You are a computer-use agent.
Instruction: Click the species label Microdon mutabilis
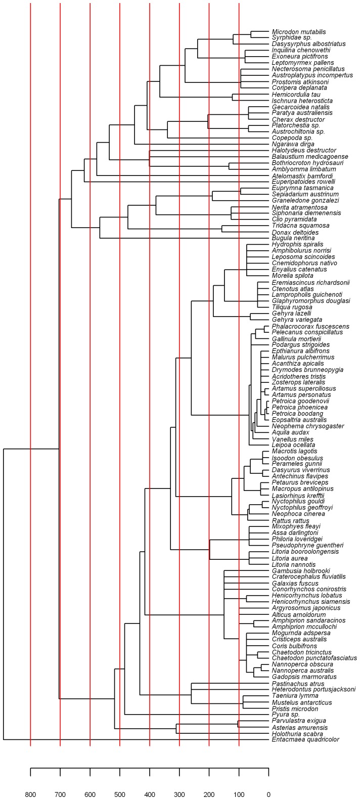(x=299, y=32)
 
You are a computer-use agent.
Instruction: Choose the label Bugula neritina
(x=293, y=238)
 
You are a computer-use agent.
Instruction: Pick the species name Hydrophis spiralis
(x=297, y=244)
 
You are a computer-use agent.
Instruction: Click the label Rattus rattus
(x=291, y=521)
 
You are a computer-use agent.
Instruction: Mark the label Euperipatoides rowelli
(x=303, y=182)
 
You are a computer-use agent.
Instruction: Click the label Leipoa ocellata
(x=294, y=445)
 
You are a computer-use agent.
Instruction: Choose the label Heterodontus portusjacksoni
(x=314, y=689)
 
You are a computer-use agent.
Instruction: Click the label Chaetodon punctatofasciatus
(x=314, y=658)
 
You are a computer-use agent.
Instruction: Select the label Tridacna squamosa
(x=301, y=226)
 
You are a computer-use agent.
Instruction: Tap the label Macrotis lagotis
(x=295, y=451)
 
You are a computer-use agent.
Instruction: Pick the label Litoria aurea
(x=290, y=558)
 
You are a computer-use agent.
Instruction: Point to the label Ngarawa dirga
(x=293, y=144)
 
